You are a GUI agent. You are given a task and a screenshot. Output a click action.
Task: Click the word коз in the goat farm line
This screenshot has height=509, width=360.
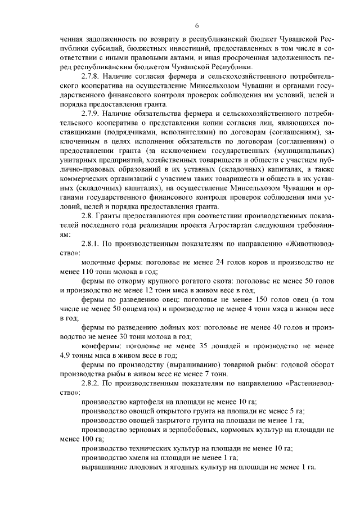point(187,326)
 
